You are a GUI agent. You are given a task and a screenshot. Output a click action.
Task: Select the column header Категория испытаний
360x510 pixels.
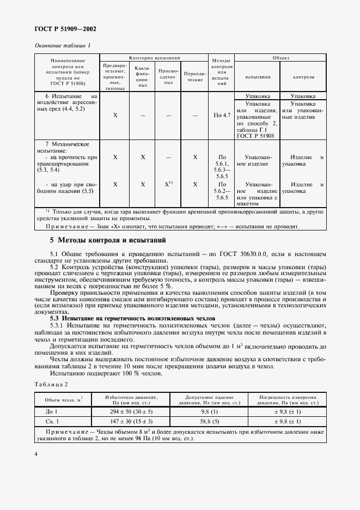[x=155, y=57]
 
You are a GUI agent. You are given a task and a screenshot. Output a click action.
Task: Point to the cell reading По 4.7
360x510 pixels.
[x=223, y=116]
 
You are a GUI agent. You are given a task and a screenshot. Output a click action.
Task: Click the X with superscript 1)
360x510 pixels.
[x=169, y=184]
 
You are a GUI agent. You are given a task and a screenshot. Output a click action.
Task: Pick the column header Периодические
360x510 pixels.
[x=194, y=76]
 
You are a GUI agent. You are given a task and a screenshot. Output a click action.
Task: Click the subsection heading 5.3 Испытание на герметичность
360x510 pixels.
[x=133, y=318]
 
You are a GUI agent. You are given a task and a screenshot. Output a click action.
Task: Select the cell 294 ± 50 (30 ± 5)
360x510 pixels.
[x=131, y=412]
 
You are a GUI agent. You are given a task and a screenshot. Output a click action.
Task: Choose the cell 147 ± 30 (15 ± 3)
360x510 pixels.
[x=131, y=422]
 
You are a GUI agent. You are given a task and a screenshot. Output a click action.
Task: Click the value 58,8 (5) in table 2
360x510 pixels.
[x=209, y=422]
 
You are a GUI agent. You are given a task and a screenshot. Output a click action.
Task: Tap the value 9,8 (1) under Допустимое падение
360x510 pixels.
[x=209, y=412]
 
